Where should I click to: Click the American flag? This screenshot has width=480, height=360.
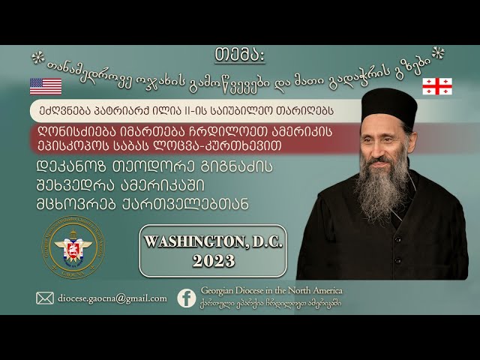46,85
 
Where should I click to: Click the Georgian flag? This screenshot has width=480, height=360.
436,85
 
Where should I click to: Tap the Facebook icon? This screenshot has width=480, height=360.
187,298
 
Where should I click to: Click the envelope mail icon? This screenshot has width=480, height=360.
45,298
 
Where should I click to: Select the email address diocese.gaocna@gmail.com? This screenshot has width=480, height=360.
112,298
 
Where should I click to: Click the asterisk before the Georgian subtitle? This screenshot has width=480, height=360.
37,58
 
